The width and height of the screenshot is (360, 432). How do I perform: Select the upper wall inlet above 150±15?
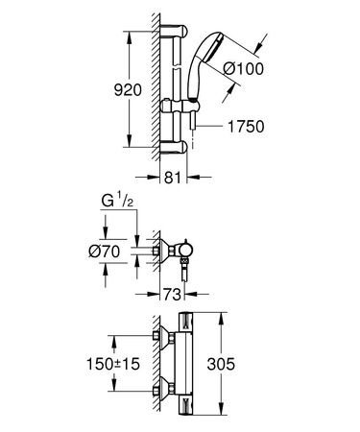coord(159,337)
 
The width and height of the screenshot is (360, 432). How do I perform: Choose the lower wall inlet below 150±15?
coord(159,392)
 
